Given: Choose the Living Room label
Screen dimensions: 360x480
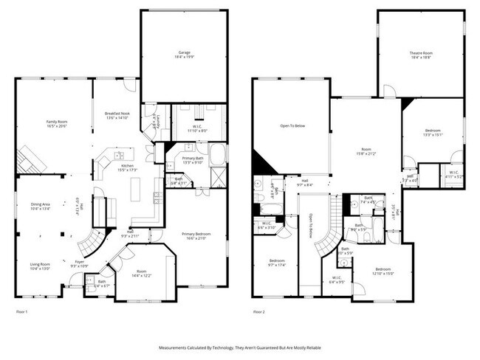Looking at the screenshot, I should click(x=39, y=266).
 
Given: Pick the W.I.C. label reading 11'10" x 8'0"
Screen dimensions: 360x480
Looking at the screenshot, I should click(x=196, y=127).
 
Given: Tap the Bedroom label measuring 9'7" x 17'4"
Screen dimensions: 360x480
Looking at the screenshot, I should click(x=277, y=263).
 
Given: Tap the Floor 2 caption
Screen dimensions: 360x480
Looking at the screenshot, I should click(x=258, y=312).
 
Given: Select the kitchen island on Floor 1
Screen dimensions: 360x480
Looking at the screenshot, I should click(x=135, y=190).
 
